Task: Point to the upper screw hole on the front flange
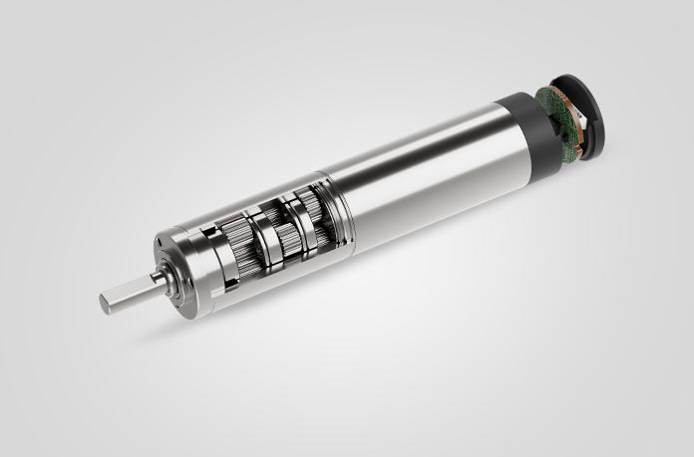[x=160, y=240]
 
